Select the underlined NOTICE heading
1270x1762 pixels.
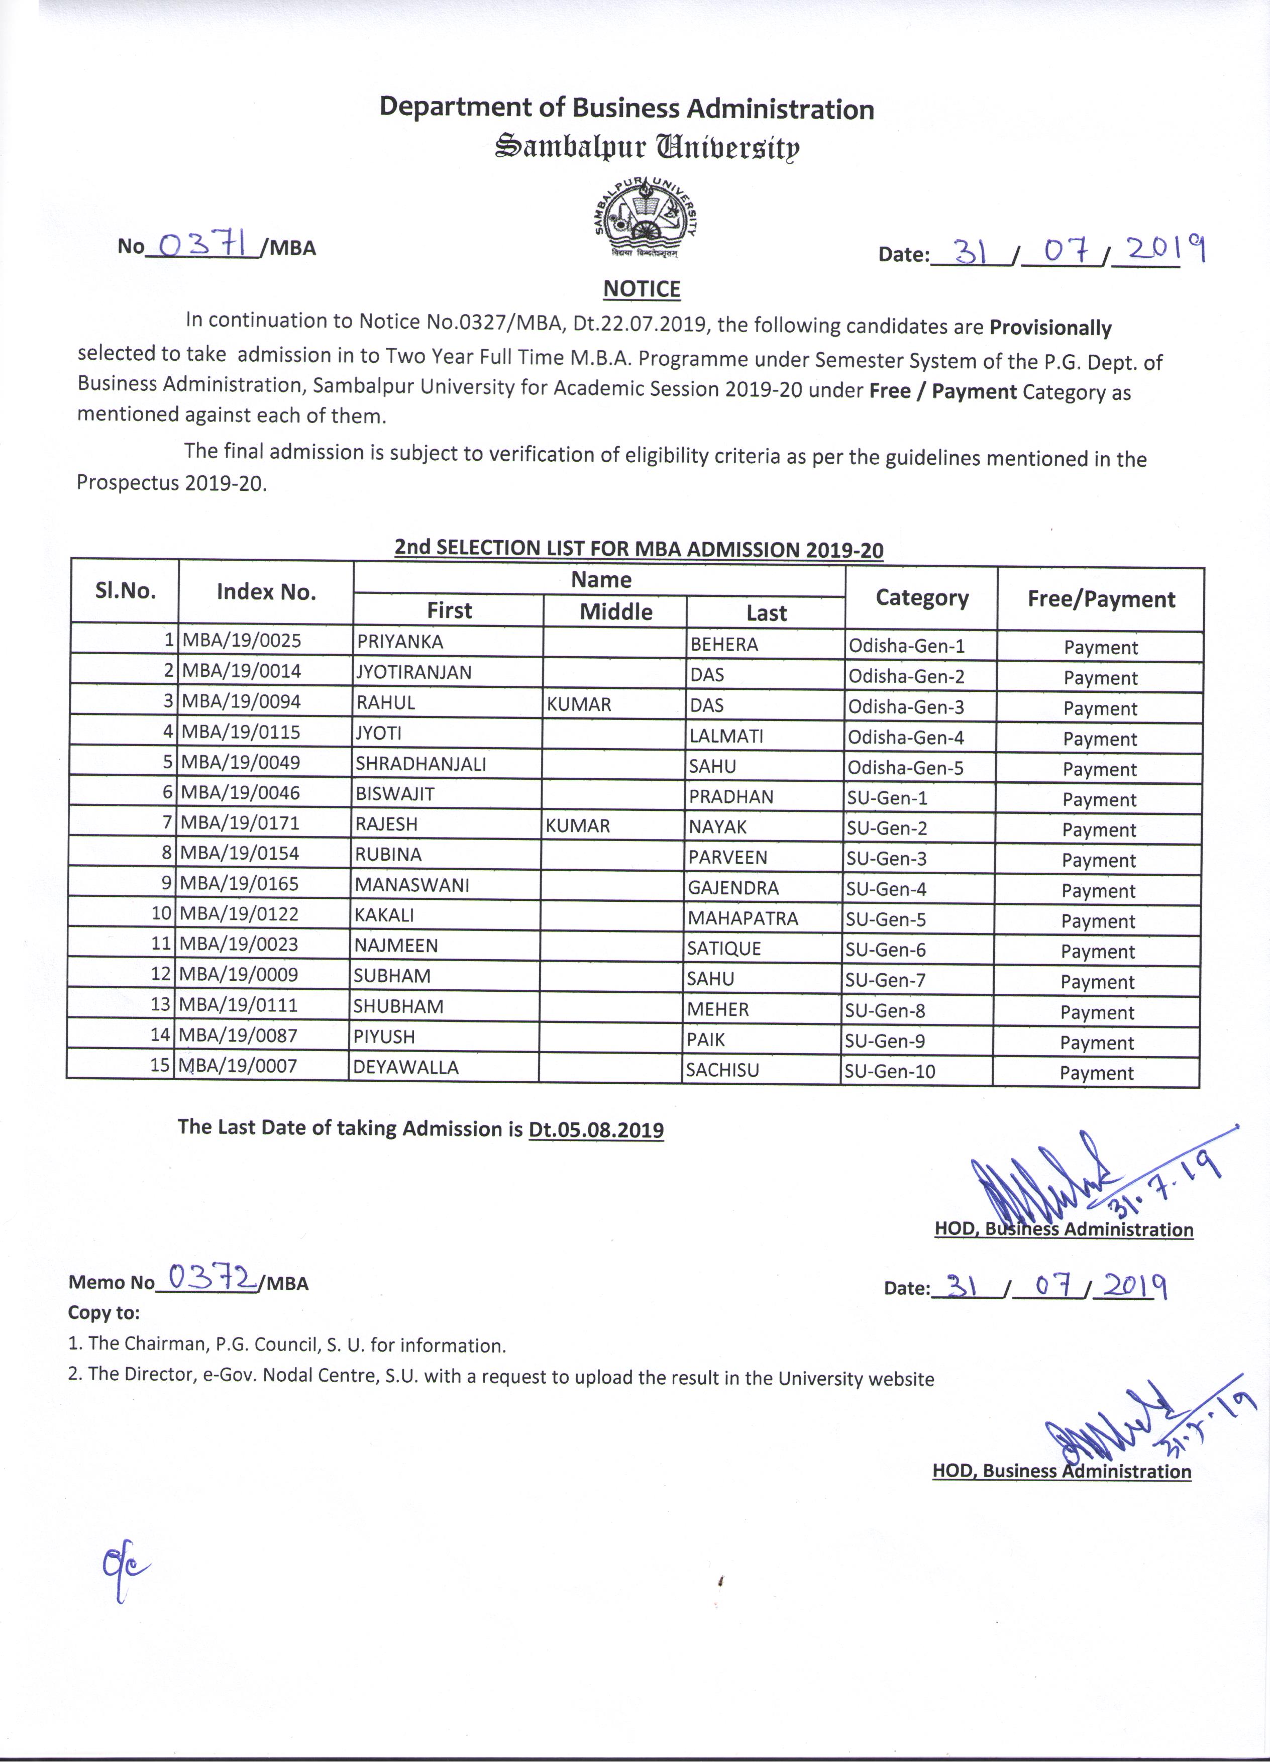pos(642,289)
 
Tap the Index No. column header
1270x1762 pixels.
pos(266,592)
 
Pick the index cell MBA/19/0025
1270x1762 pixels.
pos(242,641)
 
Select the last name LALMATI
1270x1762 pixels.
pos(726,736)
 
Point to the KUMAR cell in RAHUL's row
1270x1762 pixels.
pos(579,704)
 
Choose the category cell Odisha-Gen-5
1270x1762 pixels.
pos(906,768)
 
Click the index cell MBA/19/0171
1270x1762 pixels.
pos(240,823)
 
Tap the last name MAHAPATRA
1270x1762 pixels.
pos(743,918)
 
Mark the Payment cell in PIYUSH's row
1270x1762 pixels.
pos(1097,1043)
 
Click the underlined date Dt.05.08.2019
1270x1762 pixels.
pos(596,1129)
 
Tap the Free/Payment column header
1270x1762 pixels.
pos(1101,599)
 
